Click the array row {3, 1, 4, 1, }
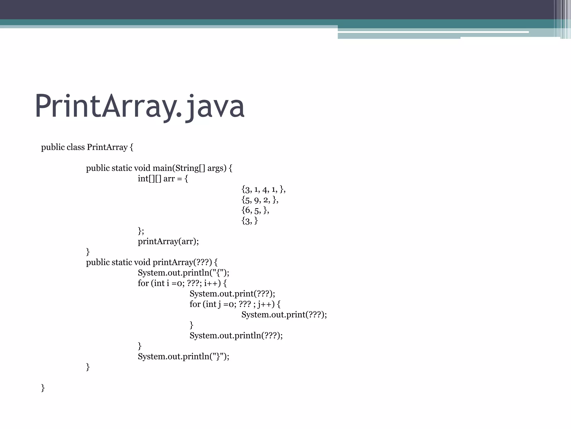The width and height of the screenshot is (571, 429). point(263,189)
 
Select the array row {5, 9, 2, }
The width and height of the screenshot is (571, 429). point(260,200)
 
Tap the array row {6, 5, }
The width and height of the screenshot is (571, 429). point(255,210)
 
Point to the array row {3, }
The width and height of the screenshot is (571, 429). point(250,221)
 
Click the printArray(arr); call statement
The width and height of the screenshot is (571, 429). point(168,241)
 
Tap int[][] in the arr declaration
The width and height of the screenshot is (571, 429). point(149,179)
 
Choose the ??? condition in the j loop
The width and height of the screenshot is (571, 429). point(245,304)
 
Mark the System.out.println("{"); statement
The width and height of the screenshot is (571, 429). point(183,273)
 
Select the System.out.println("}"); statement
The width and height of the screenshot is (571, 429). point(183,356)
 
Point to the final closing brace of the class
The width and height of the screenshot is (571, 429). point(43,388)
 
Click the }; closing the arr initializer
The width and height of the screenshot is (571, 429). point(141,231)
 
